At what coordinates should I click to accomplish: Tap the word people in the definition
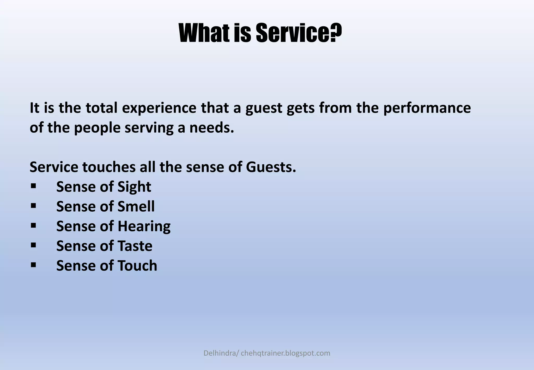coord(97,128)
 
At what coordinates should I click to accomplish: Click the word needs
coord(211,128)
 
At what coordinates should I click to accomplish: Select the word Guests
coord(271,167)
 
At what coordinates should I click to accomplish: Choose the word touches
coord(109,167)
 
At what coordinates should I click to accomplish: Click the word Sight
coord(134,187)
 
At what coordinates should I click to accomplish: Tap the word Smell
coord(136,206)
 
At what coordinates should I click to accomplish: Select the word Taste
coord(135,246)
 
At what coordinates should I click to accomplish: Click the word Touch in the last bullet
coord(137,266)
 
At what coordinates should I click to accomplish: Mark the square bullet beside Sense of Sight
coord(33,186)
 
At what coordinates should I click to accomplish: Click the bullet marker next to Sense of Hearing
coord(33,225)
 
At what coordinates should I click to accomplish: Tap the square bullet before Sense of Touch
coord(33,265)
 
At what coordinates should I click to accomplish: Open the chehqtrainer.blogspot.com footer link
coord(286,353)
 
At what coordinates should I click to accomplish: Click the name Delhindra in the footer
coord(220,353)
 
